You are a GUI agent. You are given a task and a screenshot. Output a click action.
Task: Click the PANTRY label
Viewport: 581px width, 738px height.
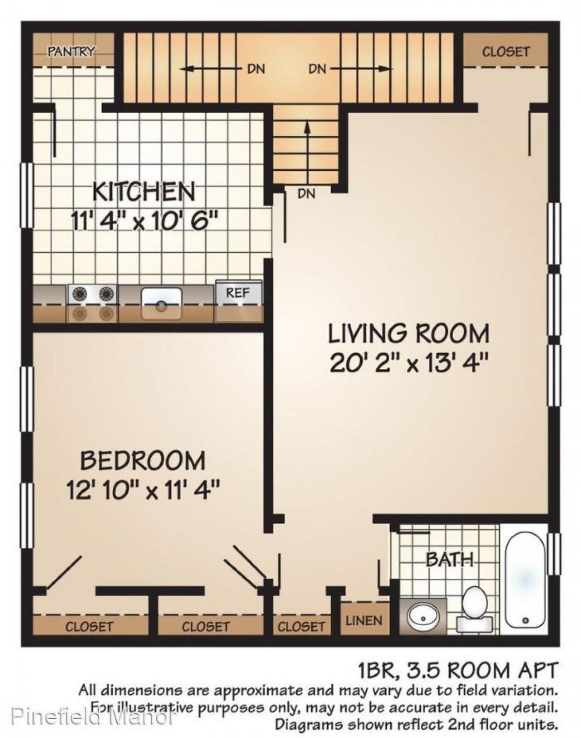click(71, 51)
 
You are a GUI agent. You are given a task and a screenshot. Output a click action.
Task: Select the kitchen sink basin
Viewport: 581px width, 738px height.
click(161, 303)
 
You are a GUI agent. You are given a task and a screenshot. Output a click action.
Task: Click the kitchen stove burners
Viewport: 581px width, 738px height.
click(92, 303)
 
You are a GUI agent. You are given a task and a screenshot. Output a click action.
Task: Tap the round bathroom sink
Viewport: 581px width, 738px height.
click(422, 617)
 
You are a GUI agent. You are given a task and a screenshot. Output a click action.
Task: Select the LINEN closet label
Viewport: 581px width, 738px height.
click(364, 620)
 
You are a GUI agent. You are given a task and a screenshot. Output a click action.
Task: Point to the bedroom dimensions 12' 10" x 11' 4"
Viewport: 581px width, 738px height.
click(143, 491)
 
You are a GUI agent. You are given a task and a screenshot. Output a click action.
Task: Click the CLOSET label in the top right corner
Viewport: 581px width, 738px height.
click(505, 51)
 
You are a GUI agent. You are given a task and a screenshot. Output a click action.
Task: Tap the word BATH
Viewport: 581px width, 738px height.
click(449, 560)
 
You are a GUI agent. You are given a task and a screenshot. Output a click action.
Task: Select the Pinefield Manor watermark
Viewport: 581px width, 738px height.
click(92, 715)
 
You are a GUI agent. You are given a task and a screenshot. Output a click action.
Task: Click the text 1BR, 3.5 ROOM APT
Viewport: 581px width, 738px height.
click(458, 671)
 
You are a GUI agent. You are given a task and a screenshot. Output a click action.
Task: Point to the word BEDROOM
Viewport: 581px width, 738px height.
click(143, 460)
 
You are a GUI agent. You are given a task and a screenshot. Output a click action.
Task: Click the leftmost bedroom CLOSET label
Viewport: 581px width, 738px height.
click(89, 627)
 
